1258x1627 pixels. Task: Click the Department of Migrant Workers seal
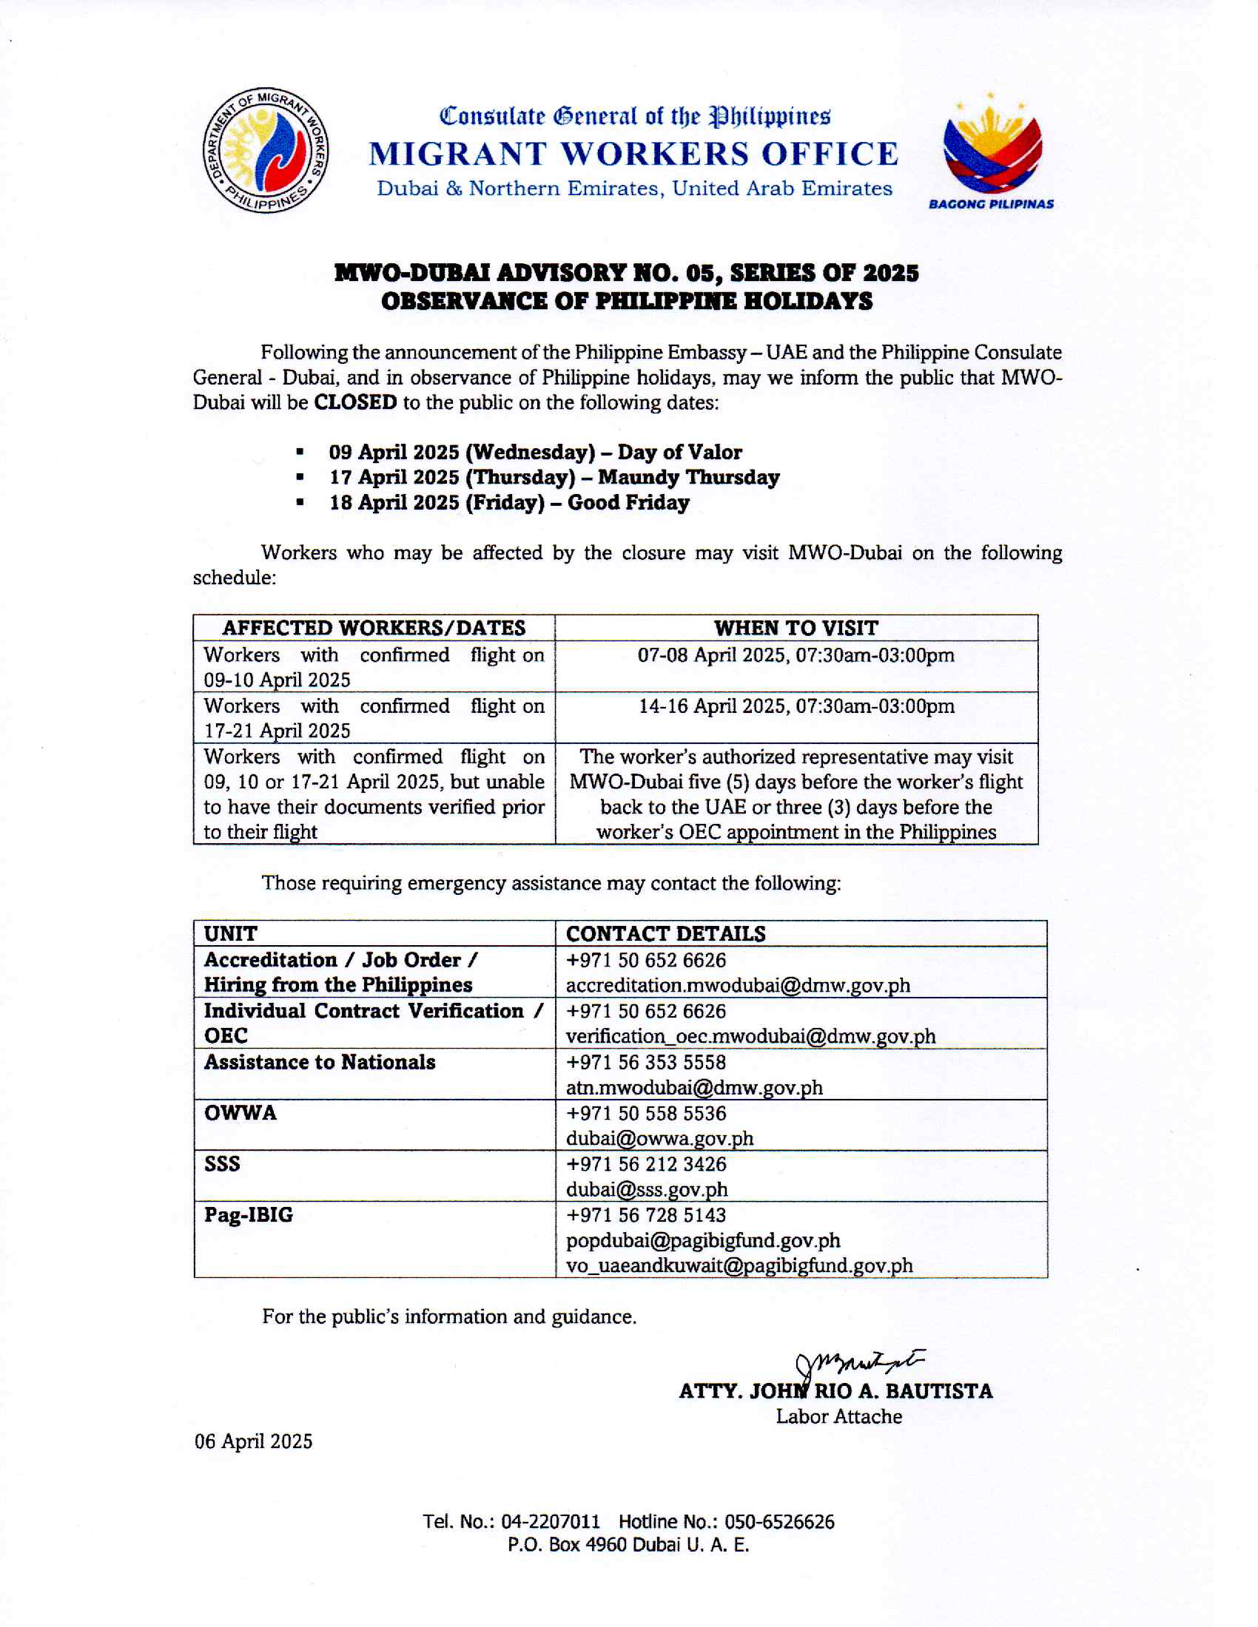[x=266, y=149]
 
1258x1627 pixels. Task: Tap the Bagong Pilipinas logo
[x=991, y=151]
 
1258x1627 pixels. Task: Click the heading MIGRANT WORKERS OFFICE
[x=633, y=155]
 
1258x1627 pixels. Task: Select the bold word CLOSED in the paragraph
[x=354, y=402]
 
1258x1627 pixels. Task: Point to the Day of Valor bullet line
[x=534, y=452]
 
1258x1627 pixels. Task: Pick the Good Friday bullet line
[x=509, y=502]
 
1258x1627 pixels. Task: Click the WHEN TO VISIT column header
[x=796, y=628]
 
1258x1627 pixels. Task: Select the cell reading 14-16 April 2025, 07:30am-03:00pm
[x=796, y=706]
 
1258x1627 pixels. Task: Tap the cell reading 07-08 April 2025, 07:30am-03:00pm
[x=796, y=655]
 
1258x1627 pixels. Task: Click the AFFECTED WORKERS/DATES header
[x=374, y=628]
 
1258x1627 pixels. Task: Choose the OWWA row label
[x=240, y=1113]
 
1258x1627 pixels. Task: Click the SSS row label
[x=222, y=1163]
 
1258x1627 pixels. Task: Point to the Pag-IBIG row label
[x=248, y=1215]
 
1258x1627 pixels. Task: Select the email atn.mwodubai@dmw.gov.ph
[x=694, y=1088]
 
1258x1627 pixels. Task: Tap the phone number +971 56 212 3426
[x=645, y=1164]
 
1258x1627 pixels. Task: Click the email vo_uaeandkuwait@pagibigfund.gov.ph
[x=739, y=1265]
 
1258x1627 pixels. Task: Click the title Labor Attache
[x=838, y=1417]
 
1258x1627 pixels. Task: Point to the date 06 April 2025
[x=253, y=1441]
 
